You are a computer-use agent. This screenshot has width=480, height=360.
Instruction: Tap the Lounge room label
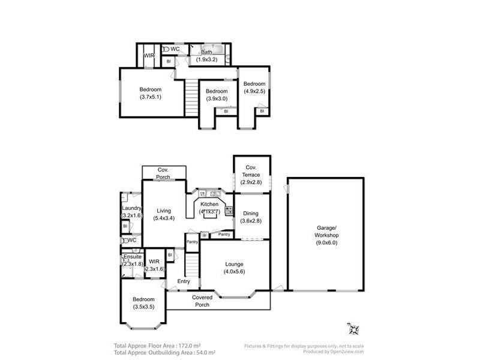click(235, 263)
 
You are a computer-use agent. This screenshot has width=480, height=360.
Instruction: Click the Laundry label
click(131, 208)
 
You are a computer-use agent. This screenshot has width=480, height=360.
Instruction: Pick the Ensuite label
click(133, 257)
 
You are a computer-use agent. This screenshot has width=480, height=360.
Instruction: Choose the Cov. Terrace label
click(251, 170)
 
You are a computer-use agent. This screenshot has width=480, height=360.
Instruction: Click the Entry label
click(184, 281)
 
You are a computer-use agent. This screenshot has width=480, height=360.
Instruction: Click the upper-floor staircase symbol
click(191, 93)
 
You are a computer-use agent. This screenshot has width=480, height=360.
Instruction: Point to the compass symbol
click(353, 329)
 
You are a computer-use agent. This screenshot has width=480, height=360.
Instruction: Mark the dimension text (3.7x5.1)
click(151, 97)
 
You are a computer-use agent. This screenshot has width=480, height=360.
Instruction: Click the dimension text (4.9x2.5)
click(254, 91)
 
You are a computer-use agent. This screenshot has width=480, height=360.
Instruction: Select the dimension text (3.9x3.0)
click(217, 98)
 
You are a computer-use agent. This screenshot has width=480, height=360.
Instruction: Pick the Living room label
click(164, 211)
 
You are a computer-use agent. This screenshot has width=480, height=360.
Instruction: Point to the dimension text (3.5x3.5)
click(144, 307)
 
